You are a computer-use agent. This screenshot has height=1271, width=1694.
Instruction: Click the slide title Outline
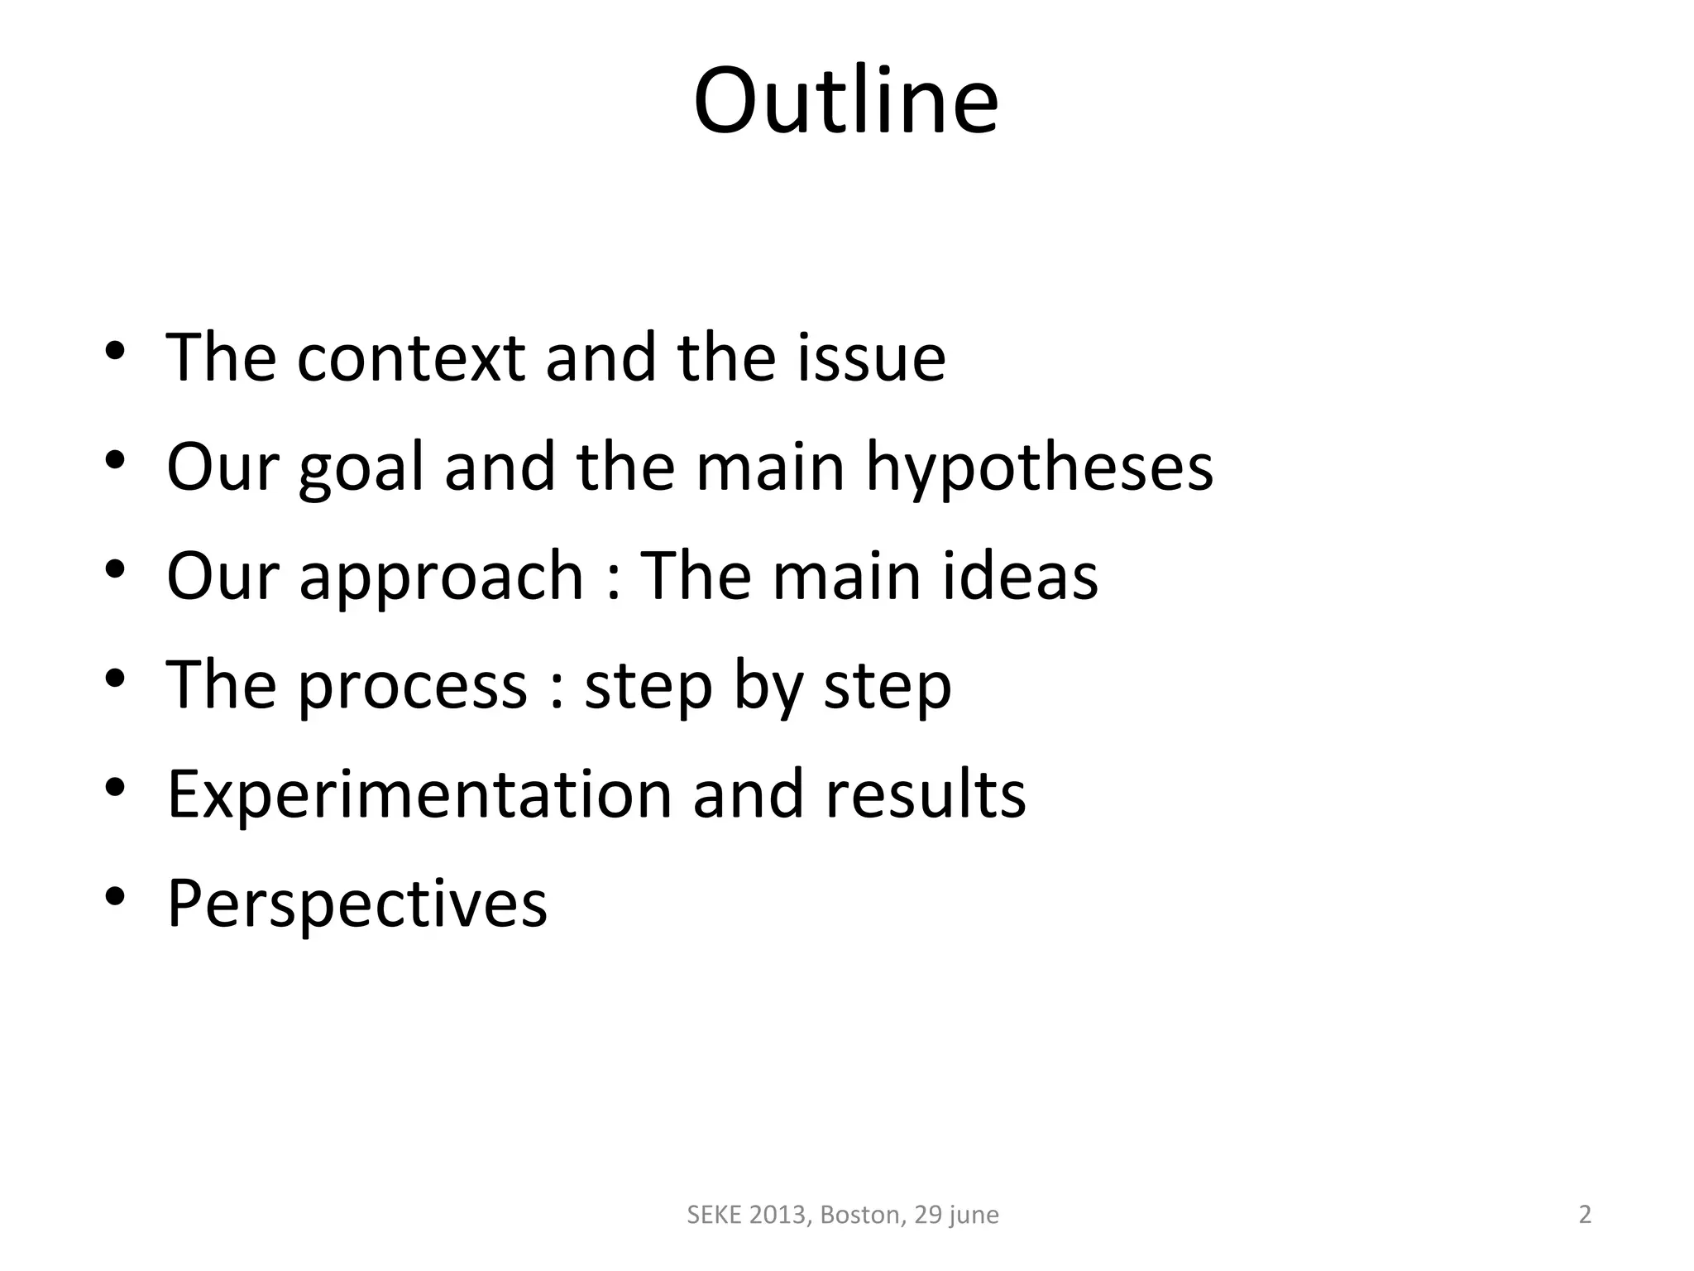coord(845,101)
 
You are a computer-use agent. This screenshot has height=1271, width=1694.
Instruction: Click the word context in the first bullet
coord(410,357)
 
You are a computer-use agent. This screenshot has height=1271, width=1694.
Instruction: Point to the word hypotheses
coord(1039,468)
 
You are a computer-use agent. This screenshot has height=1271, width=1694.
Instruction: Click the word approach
coord(441,577)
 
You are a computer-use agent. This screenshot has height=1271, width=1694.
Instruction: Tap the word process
coord(412,687)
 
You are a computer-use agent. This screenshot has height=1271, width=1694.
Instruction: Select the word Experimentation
coord(419,794)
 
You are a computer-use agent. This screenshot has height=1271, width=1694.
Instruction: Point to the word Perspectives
coord(357,904)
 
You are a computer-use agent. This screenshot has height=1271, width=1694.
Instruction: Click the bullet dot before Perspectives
coord(115,896)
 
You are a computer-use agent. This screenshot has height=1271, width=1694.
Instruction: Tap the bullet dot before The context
coord(115,350)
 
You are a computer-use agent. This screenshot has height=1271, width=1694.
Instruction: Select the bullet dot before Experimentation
coord(115,787)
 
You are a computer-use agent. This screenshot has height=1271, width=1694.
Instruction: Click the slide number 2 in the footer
coord(1585,1215)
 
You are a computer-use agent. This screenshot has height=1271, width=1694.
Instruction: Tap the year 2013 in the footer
coord(780,1215)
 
